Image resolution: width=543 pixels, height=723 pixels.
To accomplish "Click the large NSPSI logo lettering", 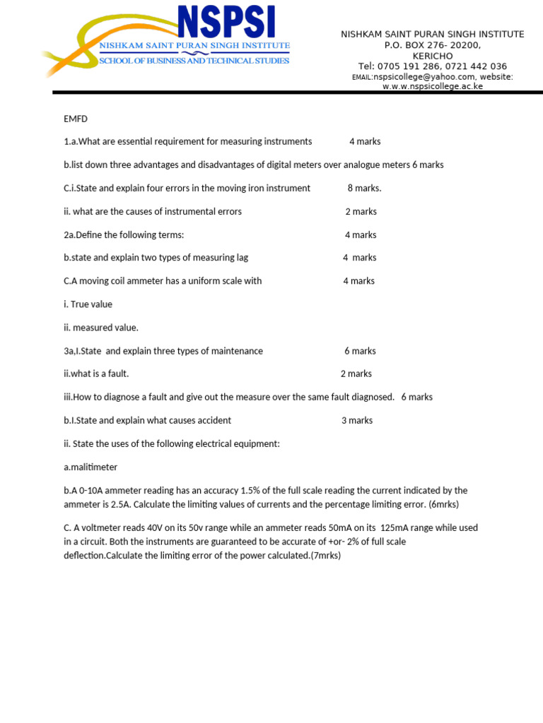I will pyautogui.click(x=226, y=23).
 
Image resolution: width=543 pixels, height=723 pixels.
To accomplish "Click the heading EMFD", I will pyautogui.click(x=75, y=118).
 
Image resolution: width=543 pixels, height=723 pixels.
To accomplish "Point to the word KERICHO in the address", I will pyautogui.click(x=433, y=56).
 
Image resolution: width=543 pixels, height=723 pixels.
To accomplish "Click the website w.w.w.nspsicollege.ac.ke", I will pyautogui.click(x=433, y=86).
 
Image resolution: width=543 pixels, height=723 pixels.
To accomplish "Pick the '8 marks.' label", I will pyautogui.click(x=364, y=188).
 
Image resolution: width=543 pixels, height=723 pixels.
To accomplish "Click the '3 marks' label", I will pyautogui.click(x=357, y=420).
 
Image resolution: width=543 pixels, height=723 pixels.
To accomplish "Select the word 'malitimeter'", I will pyautogui.click(x=93, y=467).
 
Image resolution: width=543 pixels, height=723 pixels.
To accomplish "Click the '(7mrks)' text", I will pyautogui.click(x=325, y=555).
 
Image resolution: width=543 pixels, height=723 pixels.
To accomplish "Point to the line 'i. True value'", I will pyautogui.click(x=88, y=304).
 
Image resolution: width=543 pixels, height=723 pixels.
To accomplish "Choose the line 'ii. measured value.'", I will pyautogui.click(x=101, y=328).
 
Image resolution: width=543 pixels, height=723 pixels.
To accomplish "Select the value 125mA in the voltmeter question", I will pyautogui.click(x=395, y=527).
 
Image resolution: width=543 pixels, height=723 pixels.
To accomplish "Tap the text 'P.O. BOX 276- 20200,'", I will pyautogui.click(x=433, y=45).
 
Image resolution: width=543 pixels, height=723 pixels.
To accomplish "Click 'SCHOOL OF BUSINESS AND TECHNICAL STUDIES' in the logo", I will pyautogui.click(x=194, y=61).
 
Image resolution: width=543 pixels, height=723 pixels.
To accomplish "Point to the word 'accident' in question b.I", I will pyautogui.click(x=214, y=420).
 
